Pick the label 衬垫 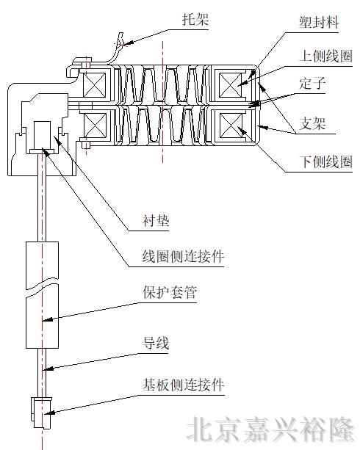[x=156, y=219]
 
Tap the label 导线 [x=156, y=342]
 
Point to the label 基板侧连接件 [x=183, y=384]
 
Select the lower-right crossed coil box [x=237, y=126]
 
